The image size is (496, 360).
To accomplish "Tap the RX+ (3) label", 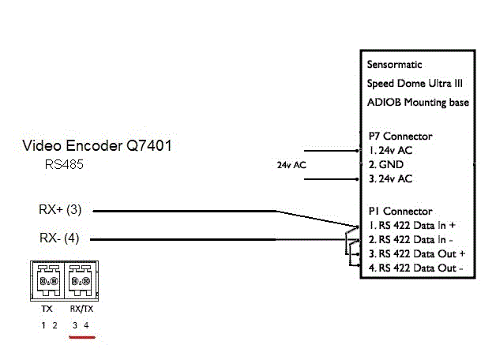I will point(60,210).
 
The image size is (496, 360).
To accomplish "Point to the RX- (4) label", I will point(60,238).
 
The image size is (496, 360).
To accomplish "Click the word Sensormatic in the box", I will point(396,64).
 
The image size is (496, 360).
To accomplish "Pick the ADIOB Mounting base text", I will point(418,102).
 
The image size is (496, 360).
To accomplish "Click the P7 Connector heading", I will point(400,136).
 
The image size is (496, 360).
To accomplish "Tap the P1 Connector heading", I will point(400,211).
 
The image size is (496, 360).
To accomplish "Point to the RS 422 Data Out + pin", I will point(415,253).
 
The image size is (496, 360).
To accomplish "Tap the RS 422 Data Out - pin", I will point(415,268).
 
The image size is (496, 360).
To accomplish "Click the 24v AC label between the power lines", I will point(291,165).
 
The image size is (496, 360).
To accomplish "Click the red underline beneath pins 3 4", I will point(81,336).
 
